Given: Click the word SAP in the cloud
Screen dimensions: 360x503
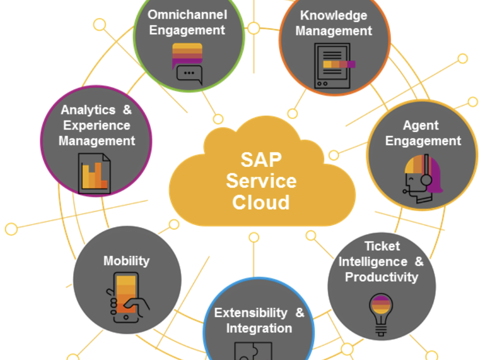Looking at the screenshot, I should (261, 159).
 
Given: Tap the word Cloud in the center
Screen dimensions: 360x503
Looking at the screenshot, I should (261, 202).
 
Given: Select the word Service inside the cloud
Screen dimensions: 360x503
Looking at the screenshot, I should (261, 181).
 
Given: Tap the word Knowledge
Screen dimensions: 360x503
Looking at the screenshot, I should (334, 15).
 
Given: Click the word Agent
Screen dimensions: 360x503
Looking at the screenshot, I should (421, 126).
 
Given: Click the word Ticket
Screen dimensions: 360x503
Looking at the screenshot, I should (382, 246).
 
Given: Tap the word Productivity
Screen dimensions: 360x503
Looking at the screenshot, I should (382, 277).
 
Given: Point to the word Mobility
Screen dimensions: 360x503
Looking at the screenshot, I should (126, 261).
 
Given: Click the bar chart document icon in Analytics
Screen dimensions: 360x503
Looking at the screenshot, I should (95, 173).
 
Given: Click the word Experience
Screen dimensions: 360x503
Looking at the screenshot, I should (96, 125).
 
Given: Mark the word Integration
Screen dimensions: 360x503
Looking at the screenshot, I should (259, 328).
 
